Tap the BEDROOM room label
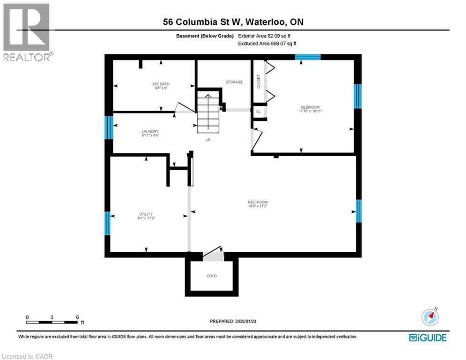pyautogui.click(x=311, y=107)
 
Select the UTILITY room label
pyautogui.click(x=146, y=214)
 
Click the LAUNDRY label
pyautogui.click(x=150, y=132)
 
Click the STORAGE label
pyautogui.click(x=234, y=82)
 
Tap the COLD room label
pyautogui.click(x=212, y=276)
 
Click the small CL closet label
pyautogui.click(x=259, y=112)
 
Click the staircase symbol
pyautogui.click(x=207, y=112)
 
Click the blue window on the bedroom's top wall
pyautogui.click(x=308, y=57)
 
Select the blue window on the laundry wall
pyautogui.click(x=109, y=127)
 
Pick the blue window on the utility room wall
pyautogui.click(x=107, y=223)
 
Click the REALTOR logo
pyautogui.click(x=27, y=31)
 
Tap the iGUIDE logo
pyautogui.click(x=428, y=337)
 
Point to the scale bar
pyautogui.click(x=52, y=322)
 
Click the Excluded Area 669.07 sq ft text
pyautogui.click(x=267, y=44)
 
